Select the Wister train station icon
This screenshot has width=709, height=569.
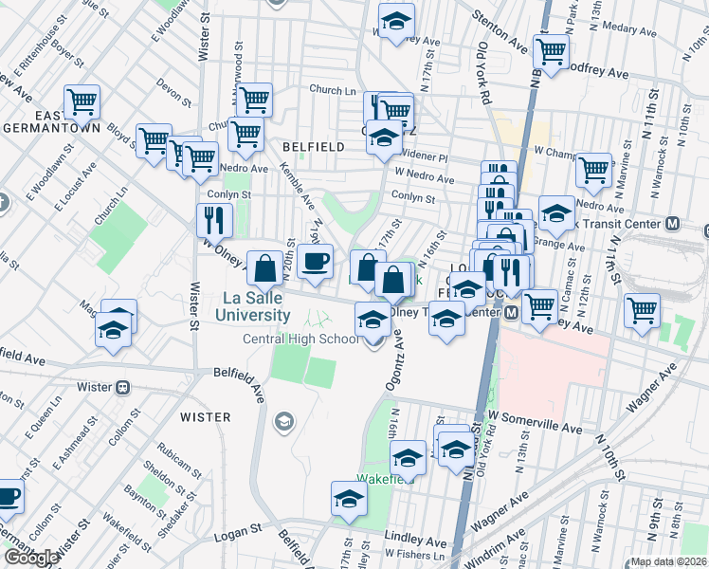121,387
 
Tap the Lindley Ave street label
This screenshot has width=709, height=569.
415,542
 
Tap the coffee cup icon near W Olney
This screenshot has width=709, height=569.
315,261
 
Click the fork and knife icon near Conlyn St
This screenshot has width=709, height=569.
214,220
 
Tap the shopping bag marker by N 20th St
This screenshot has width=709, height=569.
264,267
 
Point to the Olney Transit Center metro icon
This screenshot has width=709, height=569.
510,311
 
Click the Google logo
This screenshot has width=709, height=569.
31,557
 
